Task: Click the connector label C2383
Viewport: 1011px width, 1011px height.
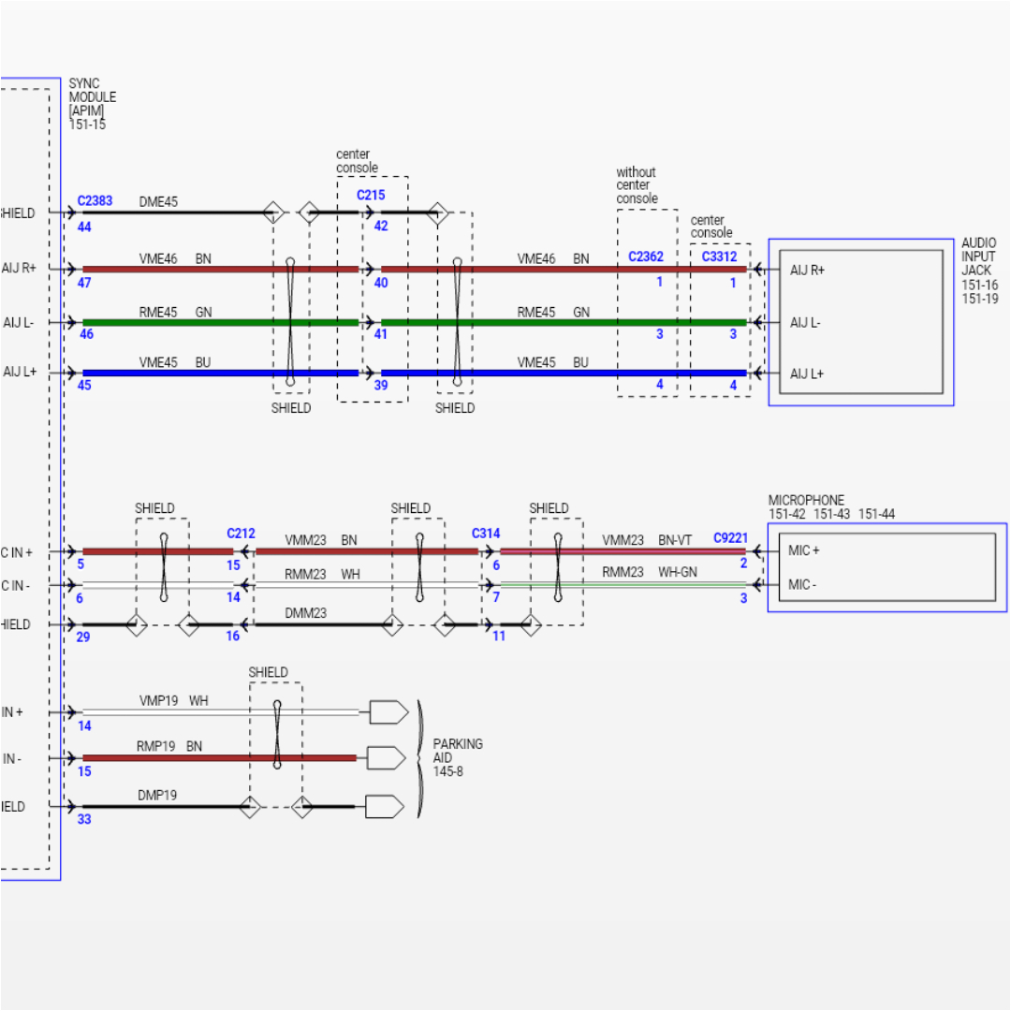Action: pos(95,200)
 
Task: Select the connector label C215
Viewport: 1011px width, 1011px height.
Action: pos(371,196)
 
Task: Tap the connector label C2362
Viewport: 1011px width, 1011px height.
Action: pos(646,256)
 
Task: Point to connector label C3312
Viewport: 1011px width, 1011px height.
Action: pos(719,256)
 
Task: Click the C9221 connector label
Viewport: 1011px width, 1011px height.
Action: pos(730,538)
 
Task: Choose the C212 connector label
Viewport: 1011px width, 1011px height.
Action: pos(241,534)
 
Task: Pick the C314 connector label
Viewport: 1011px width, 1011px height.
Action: pos(486,534)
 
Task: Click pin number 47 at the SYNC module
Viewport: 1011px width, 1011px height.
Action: pos(84,282)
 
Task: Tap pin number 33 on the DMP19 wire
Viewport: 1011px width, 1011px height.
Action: pos(84,819)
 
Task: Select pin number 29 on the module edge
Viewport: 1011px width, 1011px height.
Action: pos(84,637)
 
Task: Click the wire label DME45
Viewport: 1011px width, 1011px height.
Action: pos(158,201)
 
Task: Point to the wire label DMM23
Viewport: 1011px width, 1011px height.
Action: pos(305,613)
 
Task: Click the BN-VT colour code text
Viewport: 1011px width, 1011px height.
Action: pos(675,540)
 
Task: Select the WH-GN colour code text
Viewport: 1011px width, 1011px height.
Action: pos(676,572)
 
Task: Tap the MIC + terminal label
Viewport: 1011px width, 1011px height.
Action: pos(804,550)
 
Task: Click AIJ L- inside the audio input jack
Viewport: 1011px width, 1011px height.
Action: pos(807,322)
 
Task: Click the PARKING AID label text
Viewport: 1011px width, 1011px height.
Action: pos(458,751)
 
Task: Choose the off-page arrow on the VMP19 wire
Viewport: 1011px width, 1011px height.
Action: pos(388,712)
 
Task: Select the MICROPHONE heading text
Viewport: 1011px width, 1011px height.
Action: pos(806,501)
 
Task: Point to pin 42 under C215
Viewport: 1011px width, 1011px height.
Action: pos(381,227)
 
